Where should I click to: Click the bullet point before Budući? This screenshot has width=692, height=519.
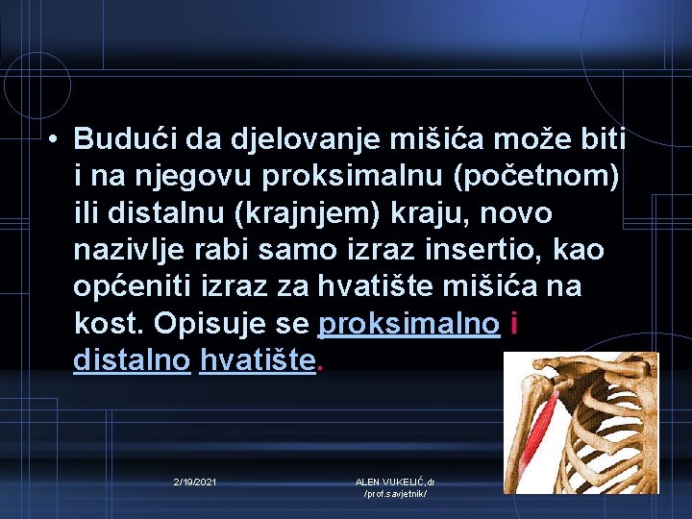[x=56, y=140]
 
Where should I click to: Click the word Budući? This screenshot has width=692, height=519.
[x=118, y=140]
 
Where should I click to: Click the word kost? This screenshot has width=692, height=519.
[x=102, y=323]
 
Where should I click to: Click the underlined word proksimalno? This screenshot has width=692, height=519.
[x=408, y=323]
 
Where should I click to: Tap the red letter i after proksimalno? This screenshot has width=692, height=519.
[x=516, y=323]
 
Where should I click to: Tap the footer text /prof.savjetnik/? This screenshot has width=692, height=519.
[x=395, y=493]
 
